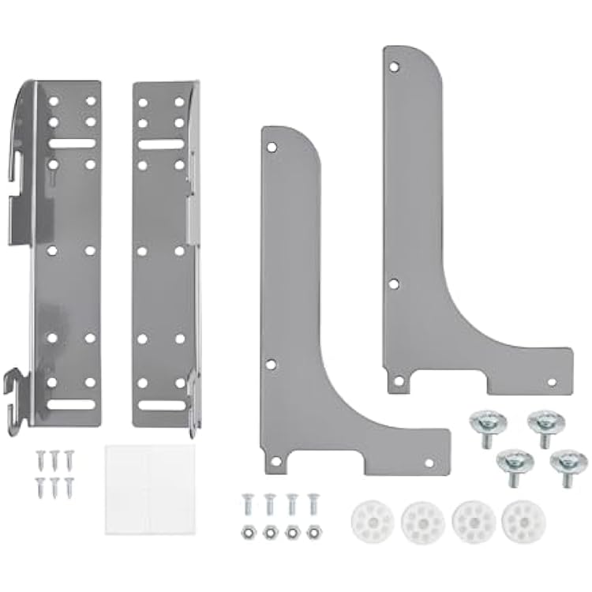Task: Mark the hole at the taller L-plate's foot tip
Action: (x=551, y=382)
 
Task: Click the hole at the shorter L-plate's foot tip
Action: (x=429, y=463)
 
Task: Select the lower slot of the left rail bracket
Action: (x=71, y=404)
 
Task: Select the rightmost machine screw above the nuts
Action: (x=313, y=502)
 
